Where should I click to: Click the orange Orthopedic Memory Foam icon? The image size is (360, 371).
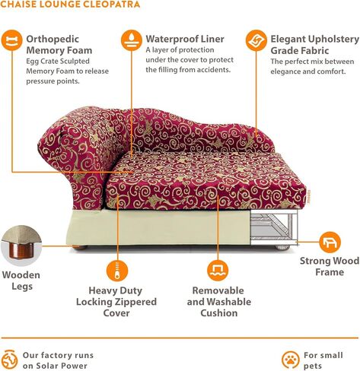(x=11, y=40)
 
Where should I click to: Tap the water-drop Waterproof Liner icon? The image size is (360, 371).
(x=131, y=40)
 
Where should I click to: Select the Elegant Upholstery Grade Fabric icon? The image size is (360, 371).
(x=256, y=40)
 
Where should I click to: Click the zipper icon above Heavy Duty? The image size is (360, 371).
(x=117, y=271)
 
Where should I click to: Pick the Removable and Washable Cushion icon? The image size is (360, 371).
(x=218, y=271)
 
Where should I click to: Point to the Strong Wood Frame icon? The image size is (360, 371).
(x=330, y=243)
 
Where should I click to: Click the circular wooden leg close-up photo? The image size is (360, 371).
(x=21, y=245)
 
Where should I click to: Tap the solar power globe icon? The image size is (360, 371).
(x=10, y=360)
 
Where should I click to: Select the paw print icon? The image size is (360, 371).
(x=290, y=360)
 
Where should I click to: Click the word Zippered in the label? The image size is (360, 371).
(x=135, y=302)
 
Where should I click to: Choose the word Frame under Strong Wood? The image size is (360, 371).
(x=330, y=272)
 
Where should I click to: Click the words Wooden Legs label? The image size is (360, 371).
(x=21, y=281)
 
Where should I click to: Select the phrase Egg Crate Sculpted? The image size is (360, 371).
(x=58, y=62)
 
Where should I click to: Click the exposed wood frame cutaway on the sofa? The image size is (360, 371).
(x=273, y=227)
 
